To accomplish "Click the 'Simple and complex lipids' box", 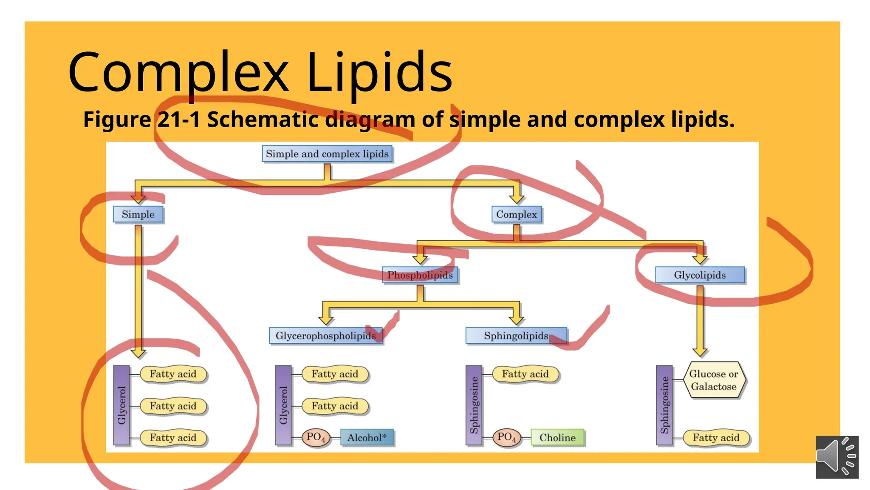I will pos(327,154).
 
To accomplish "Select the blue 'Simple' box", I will pos(138,214).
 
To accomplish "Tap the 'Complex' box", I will pos(517,214).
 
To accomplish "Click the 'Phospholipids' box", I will pos(420,275).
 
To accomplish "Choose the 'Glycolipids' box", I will pos(700,275).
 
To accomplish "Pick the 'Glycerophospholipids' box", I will pos(326,336).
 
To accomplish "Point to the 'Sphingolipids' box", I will pos(516,336).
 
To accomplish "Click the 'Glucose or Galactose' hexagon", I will pos(714,380).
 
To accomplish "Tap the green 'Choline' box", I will pos(557,437).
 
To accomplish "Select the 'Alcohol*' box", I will pos(367,437).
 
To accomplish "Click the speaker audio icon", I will pos(837,457).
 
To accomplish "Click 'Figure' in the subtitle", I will pos(117,120).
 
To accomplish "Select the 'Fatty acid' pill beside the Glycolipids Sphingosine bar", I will pos(716,438).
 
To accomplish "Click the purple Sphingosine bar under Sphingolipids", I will pos(474,405).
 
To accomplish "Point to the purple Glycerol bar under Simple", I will pos(122,405).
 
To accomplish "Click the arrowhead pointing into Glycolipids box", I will pos(700,259).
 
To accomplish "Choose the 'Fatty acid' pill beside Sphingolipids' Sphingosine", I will pos(525,374).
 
